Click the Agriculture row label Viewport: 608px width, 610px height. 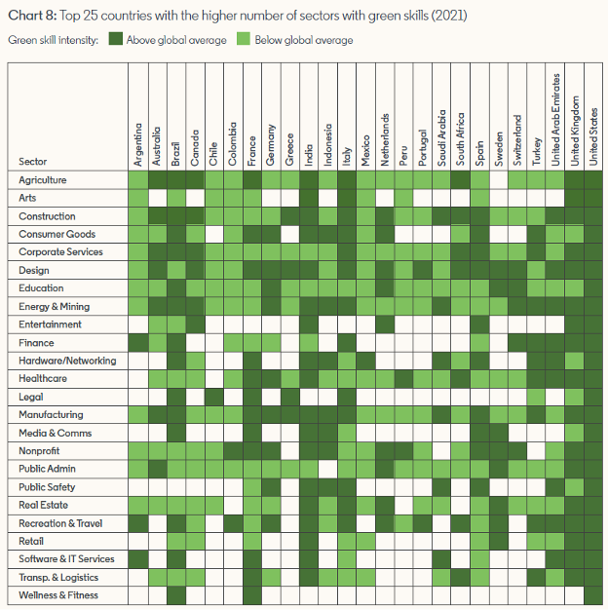click(x=43, y=180)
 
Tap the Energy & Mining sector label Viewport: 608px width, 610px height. click(x=55, y=307)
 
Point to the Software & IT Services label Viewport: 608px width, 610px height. click(x=66, y=559)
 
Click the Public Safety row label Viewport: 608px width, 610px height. click(x=47, y=487)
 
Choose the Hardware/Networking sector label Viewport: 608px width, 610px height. click(x=67, y=361)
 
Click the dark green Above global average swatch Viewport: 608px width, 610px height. click(x=116, y=40)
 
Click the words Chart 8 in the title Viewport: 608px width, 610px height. click(x=30, y=15)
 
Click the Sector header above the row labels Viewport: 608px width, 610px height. click(x=32, y=162)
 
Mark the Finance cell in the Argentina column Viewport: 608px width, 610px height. click(x=138, y=343)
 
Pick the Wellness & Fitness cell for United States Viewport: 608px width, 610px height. click(x=594, y=595)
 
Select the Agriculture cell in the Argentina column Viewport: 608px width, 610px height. click(x=138, y=180)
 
